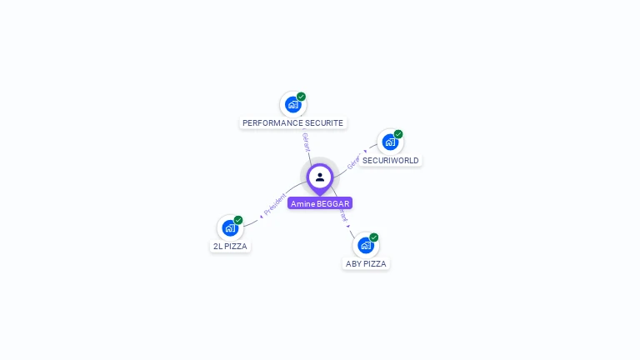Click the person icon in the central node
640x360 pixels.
(320, 177)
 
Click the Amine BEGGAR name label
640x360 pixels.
(320, 203)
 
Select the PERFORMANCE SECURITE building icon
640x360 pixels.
(292, 104)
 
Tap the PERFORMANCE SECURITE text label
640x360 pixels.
(292, 123)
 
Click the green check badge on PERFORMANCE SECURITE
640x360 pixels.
(302, 97)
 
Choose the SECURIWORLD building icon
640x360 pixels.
(390, 142)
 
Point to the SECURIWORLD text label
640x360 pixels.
(390, 161)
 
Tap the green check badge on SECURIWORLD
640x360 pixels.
(398, 134)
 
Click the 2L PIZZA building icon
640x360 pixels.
(230, 227)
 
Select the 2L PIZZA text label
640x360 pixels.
(230, 247)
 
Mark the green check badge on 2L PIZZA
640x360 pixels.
(238, 220)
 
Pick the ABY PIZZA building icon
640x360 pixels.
(365, 245)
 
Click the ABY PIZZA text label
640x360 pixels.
(366, 264)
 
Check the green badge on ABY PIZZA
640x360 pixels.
(374, 237)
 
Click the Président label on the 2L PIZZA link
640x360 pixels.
(275, 204)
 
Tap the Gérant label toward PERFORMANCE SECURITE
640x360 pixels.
(306, 141)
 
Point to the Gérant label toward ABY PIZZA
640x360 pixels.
(343, 215)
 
